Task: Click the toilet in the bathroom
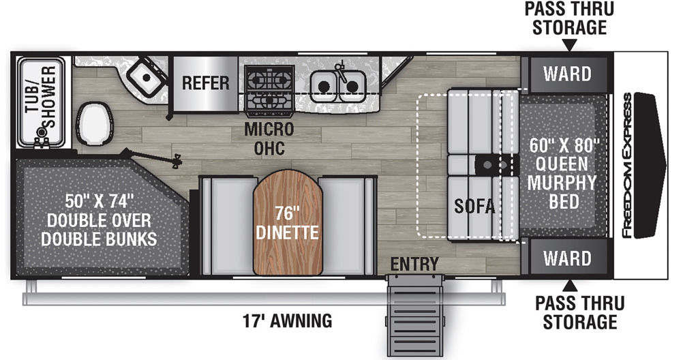coord(94,123)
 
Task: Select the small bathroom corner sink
coord(146,78)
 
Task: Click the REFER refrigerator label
coord(206,83)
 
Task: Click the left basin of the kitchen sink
coord(324,86)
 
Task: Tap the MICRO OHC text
coord(269,138)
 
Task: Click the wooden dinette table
coord(288,222)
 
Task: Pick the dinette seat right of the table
coord(347,226)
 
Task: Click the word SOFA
coord(474,206)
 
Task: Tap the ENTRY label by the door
coord(414,265)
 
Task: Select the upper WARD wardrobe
coord(567,74)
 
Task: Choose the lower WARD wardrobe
coord(567,258)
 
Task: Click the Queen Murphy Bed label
coord(562,174)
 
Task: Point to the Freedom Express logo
coord(627,165)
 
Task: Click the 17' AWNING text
coord(288,320)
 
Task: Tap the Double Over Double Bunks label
coord(100,220)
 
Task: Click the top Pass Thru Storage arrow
coord(570,45)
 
